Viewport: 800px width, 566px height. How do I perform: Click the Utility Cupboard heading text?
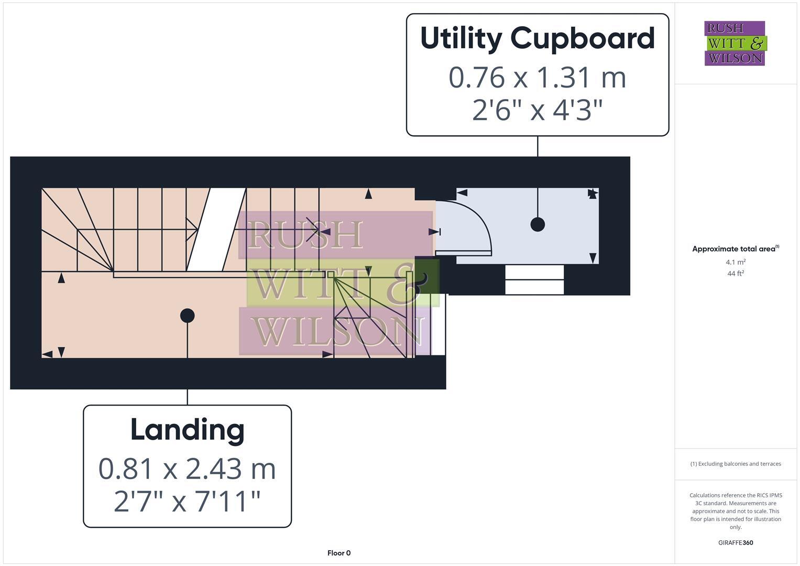pyautogui.click(x=538, y=39)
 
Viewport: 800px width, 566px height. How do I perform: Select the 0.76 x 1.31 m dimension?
pyautogui.click(x=538, y=78)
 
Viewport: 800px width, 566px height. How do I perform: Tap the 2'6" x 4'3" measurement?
pyautogui.click(x=538, y=110)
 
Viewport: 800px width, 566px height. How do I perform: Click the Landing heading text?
pyautogui.click(x=187, y=430)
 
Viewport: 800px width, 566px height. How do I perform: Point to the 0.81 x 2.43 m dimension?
pyautogui.click(x=187, y=469)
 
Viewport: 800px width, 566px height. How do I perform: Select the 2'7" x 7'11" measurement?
pyautogui.click(x=187, y=502)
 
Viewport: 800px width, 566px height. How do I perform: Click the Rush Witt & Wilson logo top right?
pyautogui.click(x=735, y=43)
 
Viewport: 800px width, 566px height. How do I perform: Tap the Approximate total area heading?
pyautogui.click(x=735, y=249)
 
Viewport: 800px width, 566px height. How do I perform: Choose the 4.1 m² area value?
pyautogui.click(x=735, y=262)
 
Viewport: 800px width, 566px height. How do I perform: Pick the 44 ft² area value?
pyautogui.click(x=735, y=274)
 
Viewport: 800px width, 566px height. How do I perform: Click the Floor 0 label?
pyautogui.click(x=339, y=553)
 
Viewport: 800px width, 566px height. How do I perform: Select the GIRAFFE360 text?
pyautogui.click(x=735, y=543)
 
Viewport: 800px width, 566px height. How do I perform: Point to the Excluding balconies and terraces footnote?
pyautogui.click(x=735, y=464)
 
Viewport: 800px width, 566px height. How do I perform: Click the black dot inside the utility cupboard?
pyautogui.click(x=538, y=224)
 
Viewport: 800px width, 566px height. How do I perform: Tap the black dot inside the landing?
pyautogui.click(x=187, y=315)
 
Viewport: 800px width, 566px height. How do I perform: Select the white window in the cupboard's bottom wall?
pyautogui.click(x=534, y=280)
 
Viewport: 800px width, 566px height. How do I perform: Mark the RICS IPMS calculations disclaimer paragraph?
pyautogui.click(x=735, y=511)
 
